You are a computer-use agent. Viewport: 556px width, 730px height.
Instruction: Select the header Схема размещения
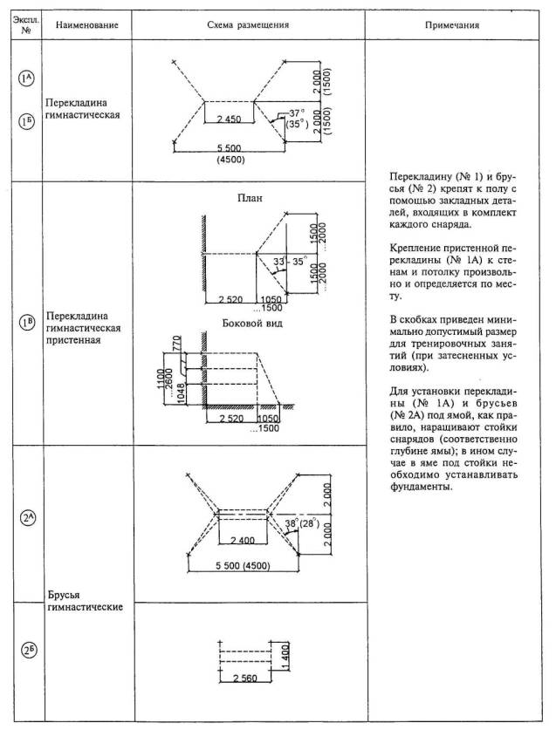point(249,25)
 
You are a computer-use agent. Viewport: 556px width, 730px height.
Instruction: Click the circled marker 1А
point(26,79)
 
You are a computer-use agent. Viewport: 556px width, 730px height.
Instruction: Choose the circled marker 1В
point(26,324)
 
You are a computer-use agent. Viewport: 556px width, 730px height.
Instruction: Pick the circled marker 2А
point(27,517)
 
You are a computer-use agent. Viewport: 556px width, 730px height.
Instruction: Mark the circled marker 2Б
point(27,651)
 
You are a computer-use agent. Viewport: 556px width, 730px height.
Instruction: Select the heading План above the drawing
point(250,198)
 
